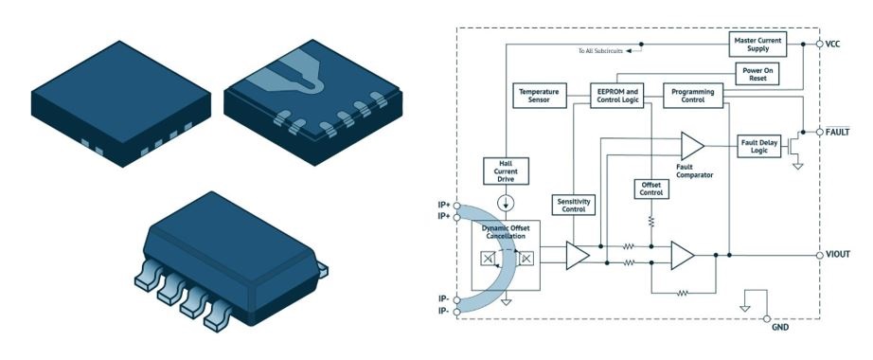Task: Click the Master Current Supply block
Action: point(765,43)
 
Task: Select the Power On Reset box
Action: point(757,75)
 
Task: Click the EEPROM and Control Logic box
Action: point(619,96)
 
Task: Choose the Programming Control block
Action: point(692,96)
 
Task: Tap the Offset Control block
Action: point(651,188)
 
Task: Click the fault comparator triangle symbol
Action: point(691,145)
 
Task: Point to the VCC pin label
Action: point(833,44)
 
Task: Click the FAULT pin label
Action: point(837,131)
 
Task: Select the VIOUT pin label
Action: point(839,256)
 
